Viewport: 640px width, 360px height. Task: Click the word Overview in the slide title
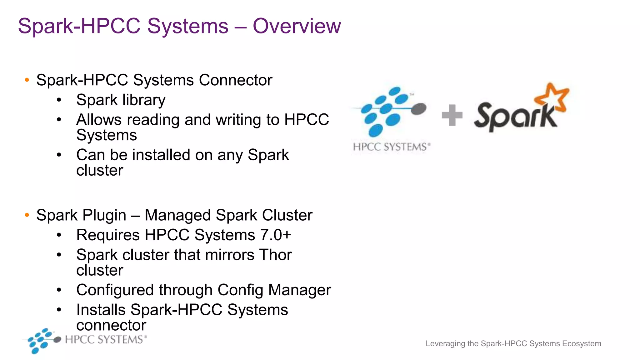point(297,26)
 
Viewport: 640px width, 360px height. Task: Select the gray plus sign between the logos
point(452,115)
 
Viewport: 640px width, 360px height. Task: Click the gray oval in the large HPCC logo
point(419,109)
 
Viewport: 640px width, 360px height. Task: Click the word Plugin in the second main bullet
point(104,216)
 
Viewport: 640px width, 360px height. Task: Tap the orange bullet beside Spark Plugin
point(27,215)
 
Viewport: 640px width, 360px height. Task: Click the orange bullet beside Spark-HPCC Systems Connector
point(27,80)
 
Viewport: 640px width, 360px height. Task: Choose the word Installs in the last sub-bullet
point(101,310)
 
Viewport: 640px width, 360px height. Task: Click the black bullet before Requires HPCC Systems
point(59,235)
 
